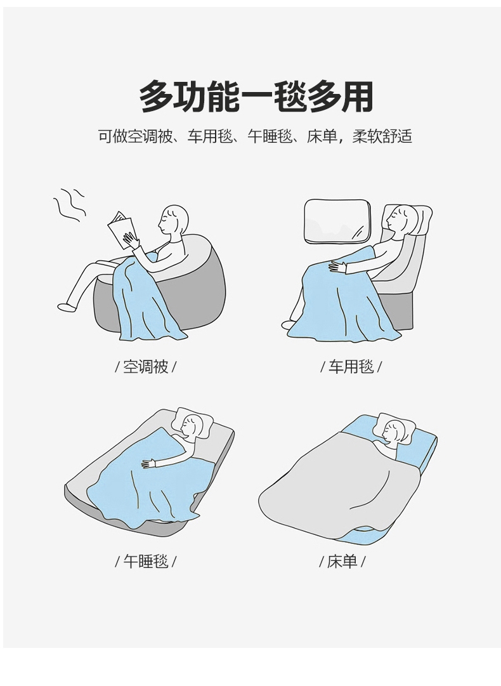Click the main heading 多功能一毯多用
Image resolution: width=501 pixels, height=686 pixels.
coord(256,96)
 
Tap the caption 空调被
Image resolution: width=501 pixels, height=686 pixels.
coord(146,367)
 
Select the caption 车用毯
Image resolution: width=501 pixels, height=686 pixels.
coord(351,367)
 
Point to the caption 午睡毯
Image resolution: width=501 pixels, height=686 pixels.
coord(146,561)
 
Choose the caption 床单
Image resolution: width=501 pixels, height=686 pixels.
coord(342,561)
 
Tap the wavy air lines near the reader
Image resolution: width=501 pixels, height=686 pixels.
coord(69,205)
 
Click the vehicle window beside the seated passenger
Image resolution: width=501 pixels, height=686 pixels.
coord(337,220)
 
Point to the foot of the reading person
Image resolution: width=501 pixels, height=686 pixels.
coord(67,307)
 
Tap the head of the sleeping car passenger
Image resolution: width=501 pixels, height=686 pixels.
coord(403,218)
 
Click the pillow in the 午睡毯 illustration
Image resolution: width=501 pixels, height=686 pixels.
coord(192,421)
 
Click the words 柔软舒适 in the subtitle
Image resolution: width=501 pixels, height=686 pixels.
coord(382,136)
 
